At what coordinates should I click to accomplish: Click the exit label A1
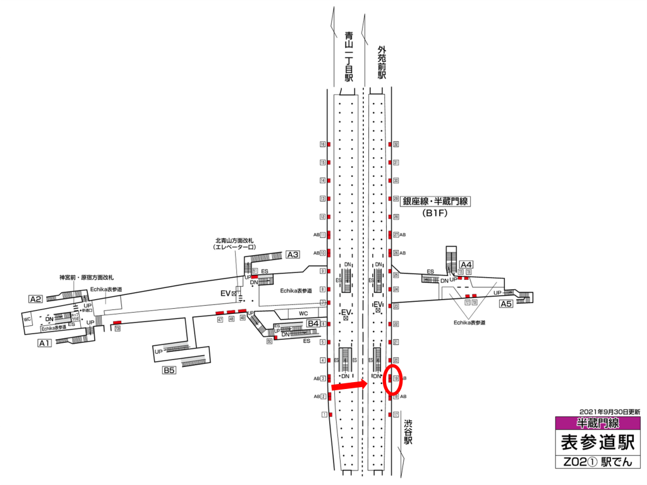[x=44, y=344]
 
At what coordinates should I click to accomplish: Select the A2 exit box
[x=35, y=299]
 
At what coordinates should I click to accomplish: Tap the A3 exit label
[x=293, y=254]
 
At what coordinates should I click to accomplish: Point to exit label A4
[x=466, y=264]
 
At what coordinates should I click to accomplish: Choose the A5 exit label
[x=506, y=304]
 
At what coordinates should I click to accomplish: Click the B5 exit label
[x=168, y=371]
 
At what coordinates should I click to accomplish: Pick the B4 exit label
[x=313, y=324]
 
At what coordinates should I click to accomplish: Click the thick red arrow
[x=349, y=385]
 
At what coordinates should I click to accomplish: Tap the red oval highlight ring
[x=394, y=380]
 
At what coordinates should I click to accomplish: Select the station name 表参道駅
[x=597, y=441]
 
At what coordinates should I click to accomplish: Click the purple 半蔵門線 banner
[x=597, y=422]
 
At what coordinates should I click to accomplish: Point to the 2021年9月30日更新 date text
[x=608, y=411]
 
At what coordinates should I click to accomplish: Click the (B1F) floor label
[x=435, y=213]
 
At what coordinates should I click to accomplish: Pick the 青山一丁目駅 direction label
[x=348, y=57]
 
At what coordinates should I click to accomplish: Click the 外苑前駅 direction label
[x=381, y=62]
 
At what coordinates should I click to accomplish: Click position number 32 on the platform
[x=396, y=145]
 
